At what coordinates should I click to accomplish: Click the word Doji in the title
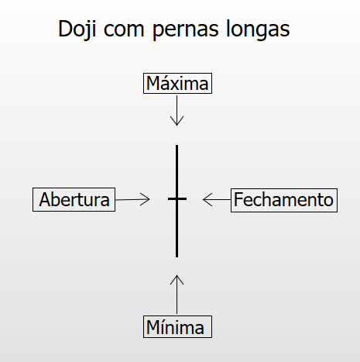(x=77, y=29)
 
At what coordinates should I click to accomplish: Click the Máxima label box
(x=177, y=84)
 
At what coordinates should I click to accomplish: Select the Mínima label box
(x=177, y=326)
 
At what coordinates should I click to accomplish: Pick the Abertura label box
(x=74, y=199)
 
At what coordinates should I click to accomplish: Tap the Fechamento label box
(x=284, y=200)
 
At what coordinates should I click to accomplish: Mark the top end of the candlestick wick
(x=177, y=146)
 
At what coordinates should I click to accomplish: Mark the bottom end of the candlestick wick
(x=177, y=257)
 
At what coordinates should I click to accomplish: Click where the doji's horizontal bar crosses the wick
(x=177, y=198)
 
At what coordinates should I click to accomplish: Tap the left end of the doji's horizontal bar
(x=169, y=198)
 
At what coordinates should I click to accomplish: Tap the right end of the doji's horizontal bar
(x=186, y=198)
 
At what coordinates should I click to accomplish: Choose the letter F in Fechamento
(x=238, y=199)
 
